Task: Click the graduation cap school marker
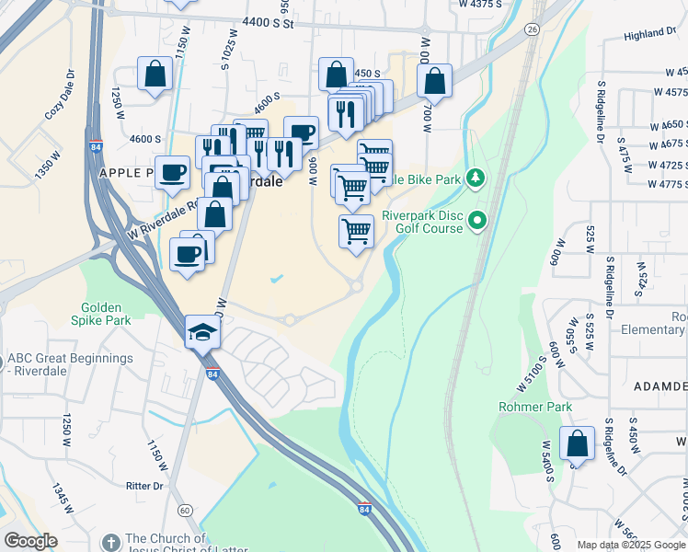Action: tap(202, 332)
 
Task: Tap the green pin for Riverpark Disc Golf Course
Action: tap(477, 221)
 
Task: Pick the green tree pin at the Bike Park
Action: tap(476, 177)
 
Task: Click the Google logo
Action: tap(30, 541)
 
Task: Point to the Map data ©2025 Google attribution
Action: tap(631, 545)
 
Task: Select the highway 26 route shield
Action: tap(532, 29)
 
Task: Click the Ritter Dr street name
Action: tap(144, 485)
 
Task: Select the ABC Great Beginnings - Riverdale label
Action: tap(69, 365)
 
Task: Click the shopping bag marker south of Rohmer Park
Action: tap(577, 444)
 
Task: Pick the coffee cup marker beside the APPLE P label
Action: tap(172, 172)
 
